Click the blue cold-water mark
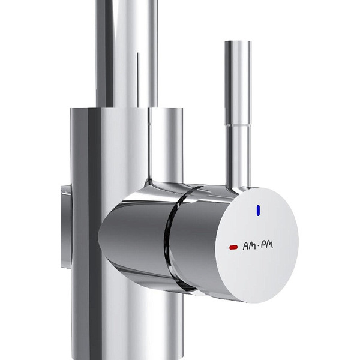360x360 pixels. tap(258, 211)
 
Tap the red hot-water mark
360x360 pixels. tap(233, 247)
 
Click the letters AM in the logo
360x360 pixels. tap(249, 247)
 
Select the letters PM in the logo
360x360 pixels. tap(267, 245)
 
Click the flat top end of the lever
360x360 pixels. tap(238, 42)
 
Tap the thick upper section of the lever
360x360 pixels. tap(238, 83)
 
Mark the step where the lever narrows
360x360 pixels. tap(238, 125)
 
